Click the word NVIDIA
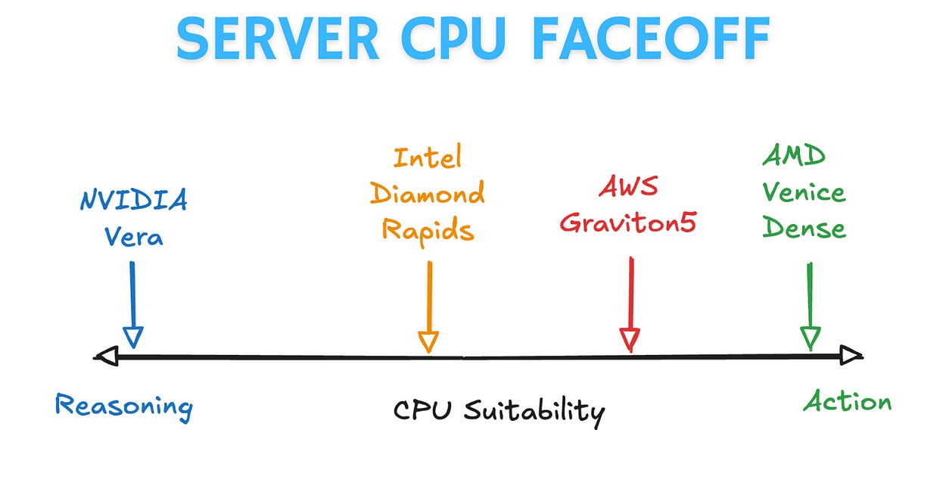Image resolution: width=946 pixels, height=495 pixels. tap(134, 201)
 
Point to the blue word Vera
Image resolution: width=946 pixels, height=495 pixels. tap(134, 237)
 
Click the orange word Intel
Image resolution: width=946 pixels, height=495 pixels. tap(428, 157)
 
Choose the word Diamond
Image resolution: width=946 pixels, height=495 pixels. tap(428, 194)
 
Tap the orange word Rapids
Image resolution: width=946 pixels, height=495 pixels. tap(428, 229)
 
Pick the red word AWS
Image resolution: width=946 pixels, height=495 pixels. tap(628, 187)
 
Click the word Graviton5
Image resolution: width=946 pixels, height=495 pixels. tap(628, 225)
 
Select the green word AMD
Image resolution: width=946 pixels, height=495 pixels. tap(793, 157)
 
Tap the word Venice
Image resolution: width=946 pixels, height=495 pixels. tap(804, 192)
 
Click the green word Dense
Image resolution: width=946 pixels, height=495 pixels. tap(804, 227)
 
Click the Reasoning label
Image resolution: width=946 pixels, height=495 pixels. tap(124, 407)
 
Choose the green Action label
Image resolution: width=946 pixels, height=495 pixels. tap(847, 401)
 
